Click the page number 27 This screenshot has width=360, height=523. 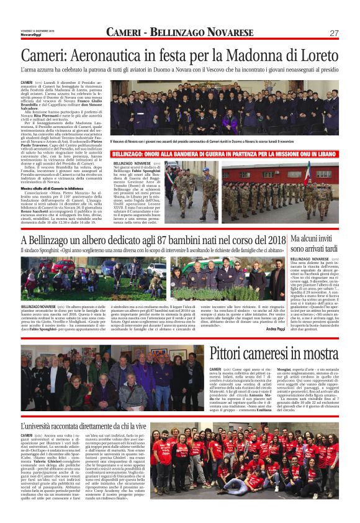click(x=334, y=33)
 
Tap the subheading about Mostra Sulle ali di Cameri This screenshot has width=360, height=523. click(x=53, y=187)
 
